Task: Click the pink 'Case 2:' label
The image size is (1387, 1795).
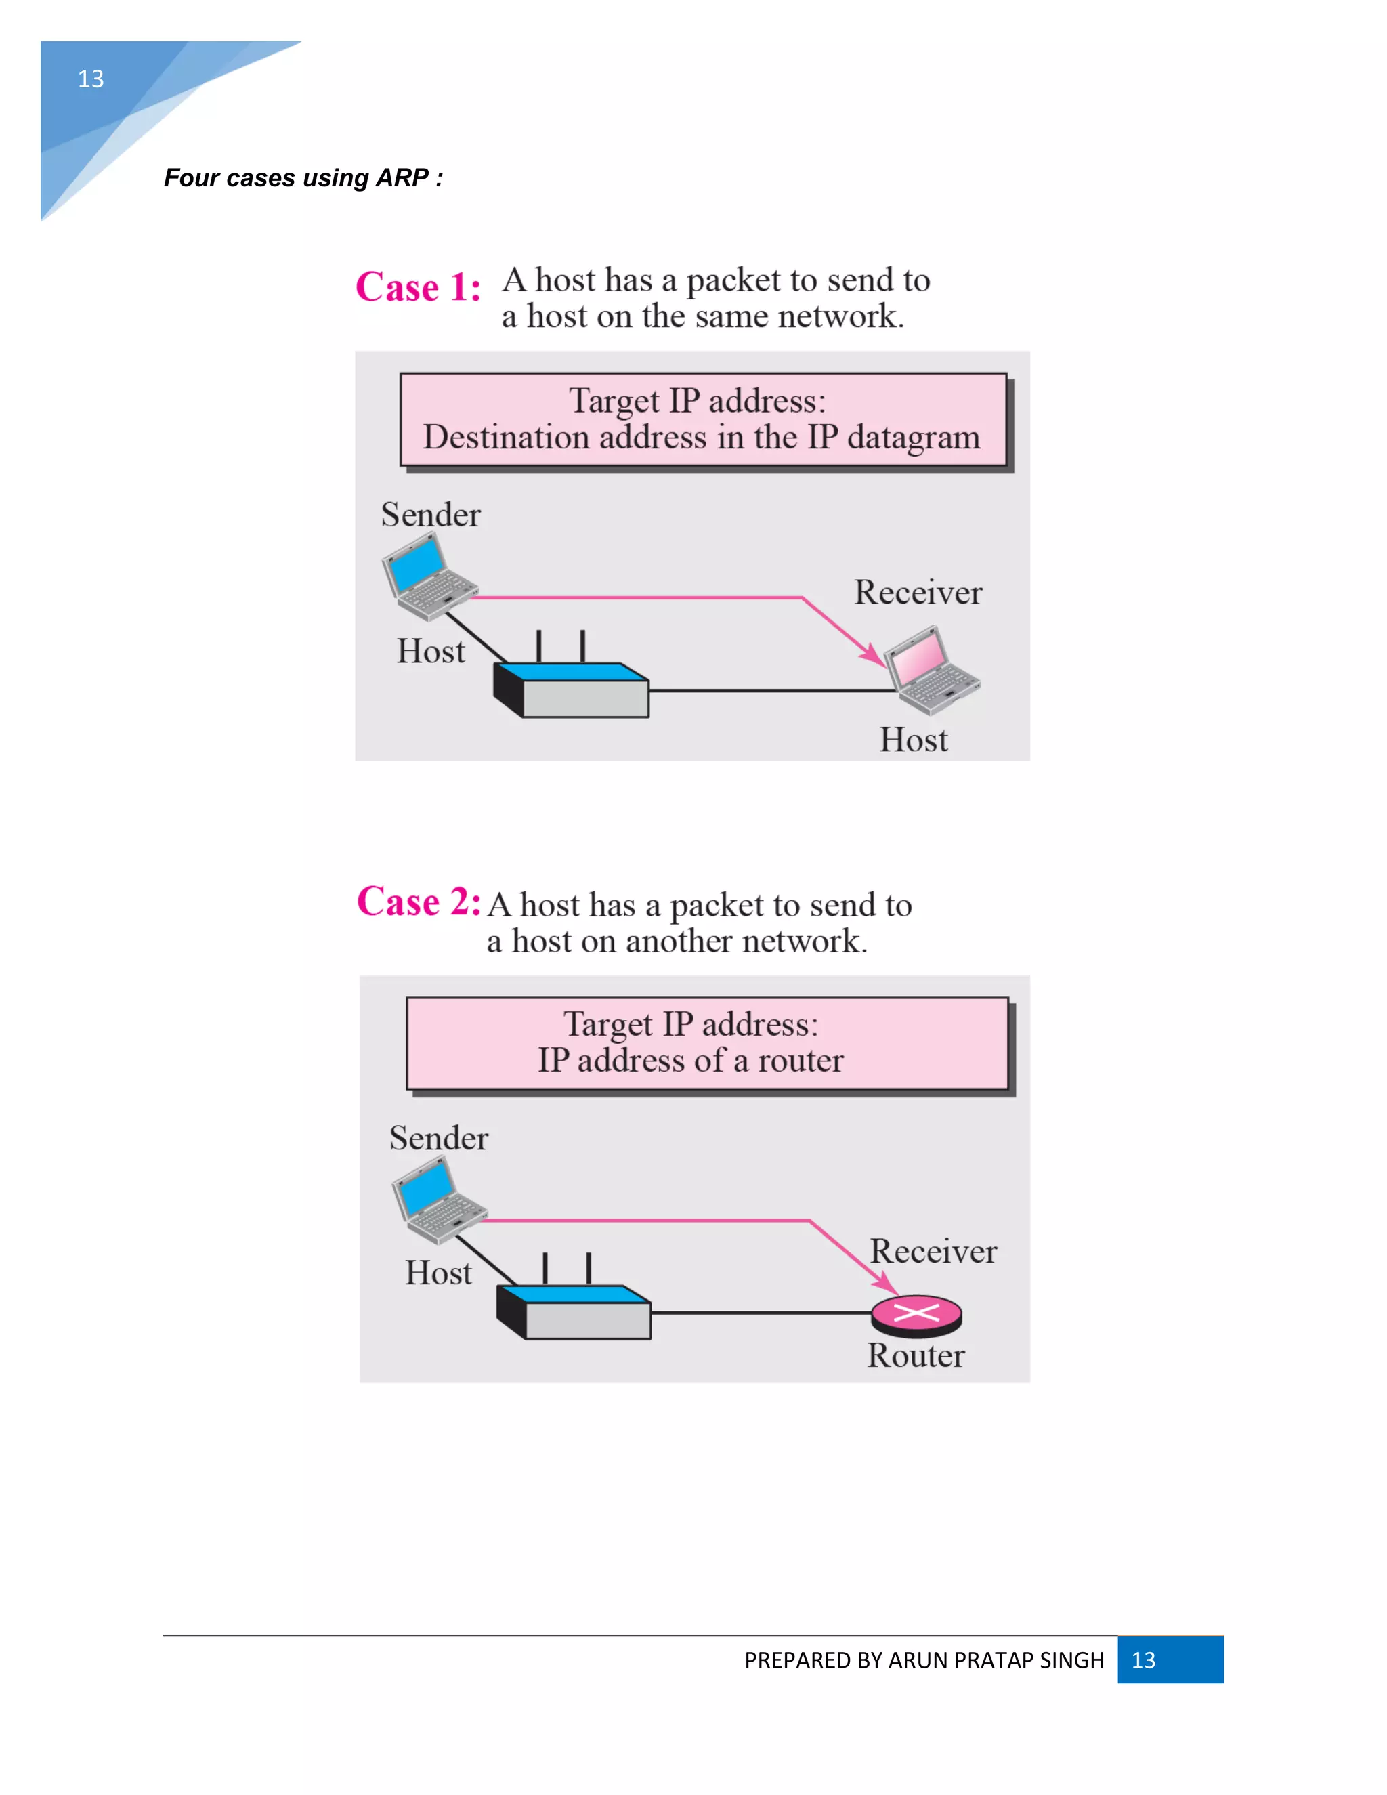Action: click(x=419, y=902)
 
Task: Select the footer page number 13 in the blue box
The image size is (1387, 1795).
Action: click(x=1143, y=1660)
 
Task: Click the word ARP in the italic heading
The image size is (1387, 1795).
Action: click(x=402, y=177)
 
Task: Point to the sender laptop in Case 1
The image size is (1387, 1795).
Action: click(x=427, y=575)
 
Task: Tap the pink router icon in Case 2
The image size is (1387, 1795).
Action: click(x=916, y=1314)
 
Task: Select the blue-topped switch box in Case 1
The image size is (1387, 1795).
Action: click(x=572, y=690)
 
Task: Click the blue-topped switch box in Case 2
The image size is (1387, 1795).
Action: click(x=574, y=1312)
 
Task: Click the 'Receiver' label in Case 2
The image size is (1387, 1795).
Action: click(x=933, y=1252)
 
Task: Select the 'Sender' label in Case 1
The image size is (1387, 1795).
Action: click(x=431, y=515)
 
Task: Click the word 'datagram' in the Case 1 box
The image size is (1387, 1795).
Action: click(x=914, y=438)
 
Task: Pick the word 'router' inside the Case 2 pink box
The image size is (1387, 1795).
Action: click(x=801, y=1061)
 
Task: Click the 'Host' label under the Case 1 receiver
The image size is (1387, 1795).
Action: click(x=913, y=740)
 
